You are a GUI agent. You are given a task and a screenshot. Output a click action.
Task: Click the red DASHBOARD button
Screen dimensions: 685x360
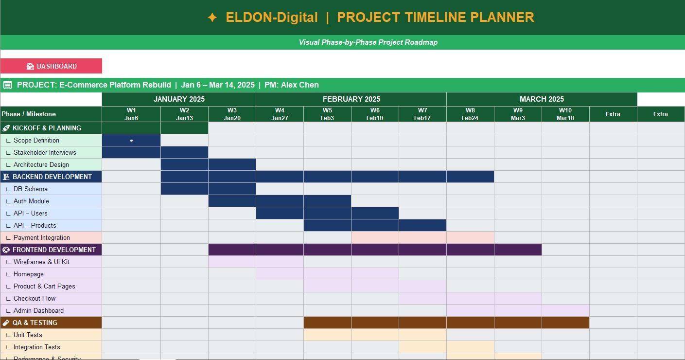point(51,66)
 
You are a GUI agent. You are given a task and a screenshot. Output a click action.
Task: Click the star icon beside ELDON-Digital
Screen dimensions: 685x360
point(212,18)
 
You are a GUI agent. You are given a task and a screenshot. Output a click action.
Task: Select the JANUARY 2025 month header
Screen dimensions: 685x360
point(179,99)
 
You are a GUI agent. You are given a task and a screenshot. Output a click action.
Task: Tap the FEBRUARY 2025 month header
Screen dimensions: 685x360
point(351,99)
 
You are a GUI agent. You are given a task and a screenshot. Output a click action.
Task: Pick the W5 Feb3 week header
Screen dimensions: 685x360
point(327,114)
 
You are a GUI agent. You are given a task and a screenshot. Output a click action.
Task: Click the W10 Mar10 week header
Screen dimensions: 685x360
point(565,114)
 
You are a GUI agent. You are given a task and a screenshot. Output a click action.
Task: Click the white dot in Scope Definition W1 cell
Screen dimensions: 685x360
point(131,141)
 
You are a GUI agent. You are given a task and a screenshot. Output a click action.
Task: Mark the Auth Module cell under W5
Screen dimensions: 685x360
point(327,201)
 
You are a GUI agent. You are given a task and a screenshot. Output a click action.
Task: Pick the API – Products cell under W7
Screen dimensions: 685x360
point(422,225)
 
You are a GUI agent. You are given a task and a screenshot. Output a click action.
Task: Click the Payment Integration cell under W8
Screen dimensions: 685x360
point(470,237)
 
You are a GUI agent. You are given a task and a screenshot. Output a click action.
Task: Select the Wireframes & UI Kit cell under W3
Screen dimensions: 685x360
point(232,262)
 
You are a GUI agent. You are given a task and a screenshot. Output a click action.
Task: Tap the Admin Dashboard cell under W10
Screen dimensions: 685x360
point(565,310)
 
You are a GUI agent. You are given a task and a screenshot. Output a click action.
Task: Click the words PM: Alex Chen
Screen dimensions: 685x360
point(291,85)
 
